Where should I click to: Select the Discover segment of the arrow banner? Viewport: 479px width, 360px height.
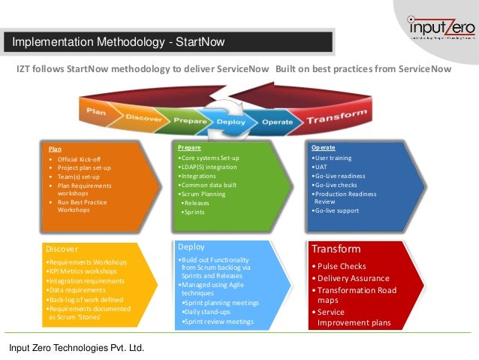tap(143, 118)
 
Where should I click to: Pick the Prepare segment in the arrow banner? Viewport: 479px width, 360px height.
tap(190, 120)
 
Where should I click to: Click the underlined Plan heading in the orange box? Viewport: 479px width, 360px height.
tap(56, 149)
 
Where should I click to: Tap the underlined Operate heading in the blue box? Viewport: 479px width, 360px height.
tap(324, 147)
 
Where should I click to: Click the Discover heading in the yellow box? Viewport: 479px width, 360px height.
tap(62, 248)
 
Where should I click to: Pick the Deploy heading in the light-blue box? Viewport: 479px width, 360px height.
tap(191, 247)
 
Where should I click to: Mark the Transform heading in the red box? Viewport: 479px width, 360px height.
tap(336, 249)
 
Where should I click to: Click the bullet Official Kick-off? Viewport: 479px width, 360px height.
tap(79, 160)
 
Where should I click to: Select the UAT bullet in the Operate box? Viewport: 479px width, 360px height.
tap(321, 168)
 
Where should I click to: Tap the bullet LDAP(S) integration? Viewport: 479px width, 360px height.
tap(206, 167)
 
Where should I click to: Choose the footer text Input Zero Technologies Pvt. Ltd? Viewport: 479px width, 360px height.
tap(76, 347)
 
